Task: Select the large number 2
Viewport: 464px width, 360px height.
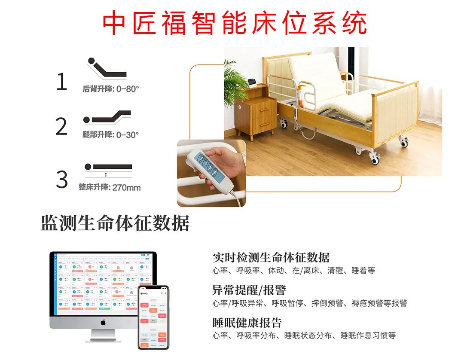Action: pyautogui.click(x=62, y=126)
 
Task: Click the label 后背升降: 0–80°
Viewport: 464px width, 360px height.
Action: pyautogui.click(x=111, y=89)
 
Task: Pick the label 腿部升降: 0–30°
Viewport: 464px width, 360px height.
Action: pyautogui.click(x=111, y=134)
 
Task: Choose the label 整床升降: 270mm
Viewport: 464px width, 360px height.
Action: pyautogui.click(x=110, y=187)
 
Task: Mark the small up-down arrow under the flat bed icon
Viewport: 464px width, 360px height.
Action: pyautogui.click(x=106, y=175)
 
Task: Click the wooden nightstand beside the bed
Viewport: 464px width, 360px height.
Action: pyautogui.click(x=256, y=113)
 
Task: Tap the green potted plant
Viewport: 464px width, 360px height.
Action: pyautogui.click(x=235, y=84)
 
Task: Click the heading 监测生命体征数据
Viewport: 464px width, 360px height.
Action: pyautogui.click(x=115, y=224)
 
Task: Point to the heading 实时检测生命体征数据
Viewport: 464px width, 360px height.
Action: pyautogui.click(x=271, y=258)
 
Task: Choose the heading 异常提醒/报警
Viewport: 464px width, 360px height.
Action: pyautogui.click(x=249, y=290)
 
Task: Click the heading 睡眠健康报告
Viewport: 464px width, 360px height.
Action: pyautogui.click(x=247, y=323)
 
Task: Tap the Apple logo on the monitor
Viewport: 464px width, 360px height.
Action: pyautogui.click(x=103, y=322)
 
